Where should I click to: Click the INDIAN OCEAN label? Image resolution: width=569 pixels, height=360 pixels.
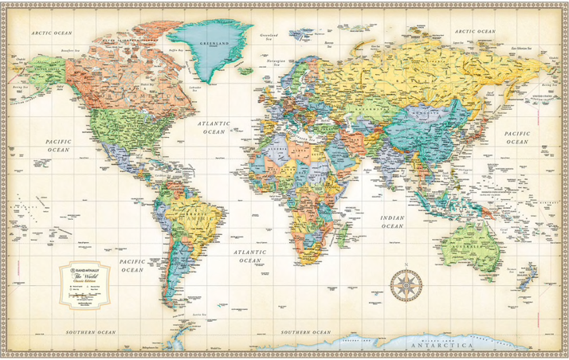(391, 222)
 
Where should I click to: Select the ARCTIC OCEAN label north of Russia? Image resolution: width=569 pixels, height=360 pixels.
(475, 31)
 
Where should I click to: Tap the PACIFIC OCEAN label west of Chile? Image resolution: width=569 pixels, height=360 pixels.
(131, 265)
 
